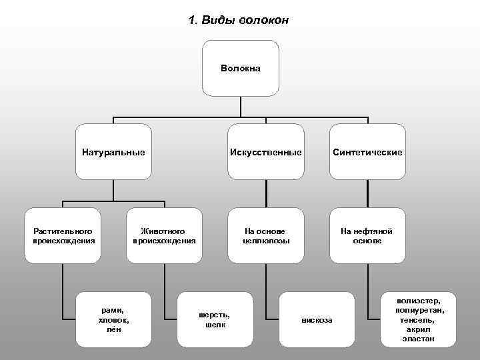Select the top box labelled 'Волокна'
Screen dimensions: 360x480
[x=240, y=69]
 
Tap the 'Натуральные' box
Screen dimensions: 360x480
[x=113, y=152]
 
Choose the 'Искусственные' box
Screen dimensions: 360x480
[x=266, y=152]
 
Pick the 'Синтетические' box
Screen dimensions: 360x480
[x=367, y=152]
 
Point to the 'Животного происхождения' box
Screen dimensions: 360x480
[x=164, y=235]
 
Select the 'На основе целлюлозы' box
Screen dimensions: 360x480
[x=266, y=235]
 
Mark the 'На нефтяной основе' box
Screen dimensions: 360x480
[x=367, y=235]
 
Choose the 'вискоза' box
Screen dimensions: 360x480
[x=317, y=320]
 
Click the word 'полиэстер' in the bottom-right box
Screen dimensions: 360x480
[x=418, y=301]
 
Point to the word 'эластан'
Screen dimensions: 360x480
[x=418, y=339]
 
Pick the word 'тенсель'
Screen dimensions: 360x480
[x=418, y=320]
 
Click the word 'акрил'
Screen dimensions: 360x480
[x=418, y=329]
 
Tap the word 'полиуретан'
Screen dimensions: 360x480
[x=418, y=311]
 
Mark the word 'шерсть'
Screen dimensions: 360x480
[x=215, y=315]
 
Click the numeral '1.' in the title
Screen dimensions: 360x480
[x=193, y=20]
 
